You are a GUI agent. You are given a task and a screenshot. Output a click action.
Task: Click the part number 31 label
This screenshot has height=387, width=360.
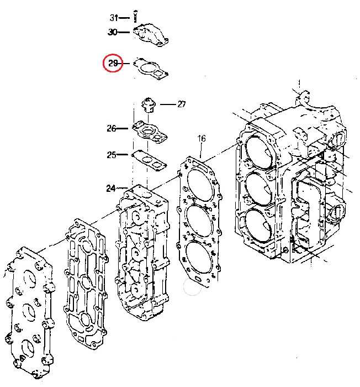[114, 18]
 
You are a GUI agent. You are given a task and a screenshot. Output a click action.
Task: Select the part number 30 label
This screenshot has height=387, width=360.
[113, 32]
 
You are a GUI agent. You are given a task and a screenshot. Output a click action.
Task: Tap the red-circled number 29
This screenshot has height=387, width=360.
[113, 63]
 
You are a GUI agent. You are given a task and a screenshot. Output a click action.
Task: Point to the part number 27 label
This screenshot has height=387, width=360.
[182, 104]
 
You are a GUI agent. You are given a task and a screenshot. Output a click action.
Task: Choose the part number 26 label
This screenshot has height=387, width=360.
[111, 128]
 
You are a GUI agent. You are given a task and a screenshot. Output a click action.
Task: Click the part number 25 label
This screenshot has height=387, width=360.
[111, 155]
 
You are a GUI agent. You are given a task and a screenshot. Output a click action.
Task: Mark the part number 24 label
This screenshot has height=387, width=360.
[111, 189]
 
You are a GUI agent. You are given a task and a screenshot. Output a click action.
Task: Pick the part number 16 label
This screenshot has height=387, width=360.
[202, 138]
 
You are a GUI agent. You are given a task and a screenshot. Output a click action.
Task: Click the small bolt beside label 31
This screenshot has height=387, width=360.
[135, 16]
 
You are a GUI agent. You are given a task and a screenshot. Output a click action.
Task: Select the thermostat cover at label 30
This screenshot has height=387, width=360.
[151, 35]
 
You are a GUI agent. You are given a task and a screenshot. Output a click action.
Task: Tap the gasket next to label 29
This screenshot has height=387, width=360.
[151, 69]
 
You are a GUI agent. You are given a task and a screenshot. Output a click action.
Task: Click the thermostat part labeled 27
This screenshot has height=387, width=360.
[149, 106]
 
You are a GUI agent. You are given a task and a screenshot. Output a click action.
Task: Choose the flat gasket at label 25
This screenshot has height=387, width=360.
[150, 160]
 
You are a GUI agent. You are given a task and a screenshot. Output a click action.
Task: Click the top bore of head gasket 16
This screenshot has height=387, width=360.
[199, 184]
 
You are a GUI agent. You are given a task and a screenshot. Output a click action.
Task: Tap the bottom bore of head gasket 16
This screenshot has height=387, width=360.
[199, 258]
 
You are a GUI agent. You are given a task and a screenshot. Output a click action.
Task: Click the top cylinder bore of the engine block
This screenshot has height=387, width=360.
[260, 153]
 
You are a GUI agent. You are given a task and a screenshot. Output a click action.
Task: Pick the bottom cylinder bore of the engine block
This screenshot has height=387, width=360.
[258, 226]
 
